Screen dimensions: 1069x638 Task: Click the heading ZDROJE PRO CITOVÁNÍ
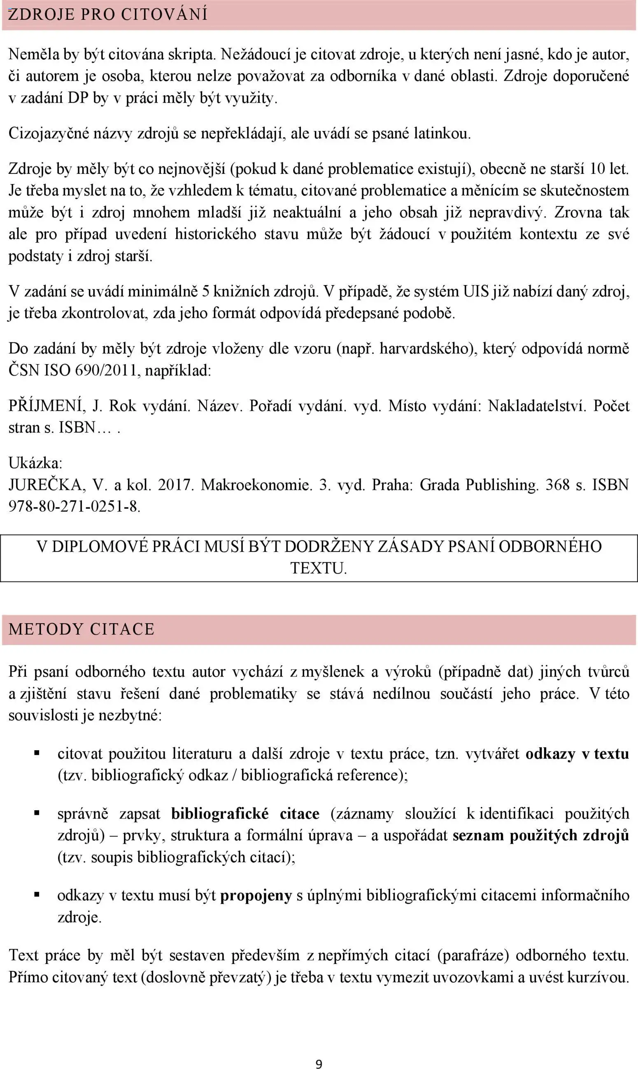pos(107,15)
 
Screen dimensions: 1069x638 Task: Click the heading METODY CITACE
pos(81,629)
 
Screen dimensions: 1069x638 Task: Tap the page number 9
pos(319,1061)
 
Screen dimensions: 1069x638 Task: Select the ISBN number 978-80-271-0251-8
pos(74,506)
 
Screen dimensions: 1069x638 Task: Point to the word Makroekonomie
pos(256,485)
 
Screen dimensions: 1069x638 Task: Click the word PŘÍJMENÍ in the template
pos(47,406)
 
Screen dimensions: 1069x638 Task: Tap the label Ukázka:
pos(35,463)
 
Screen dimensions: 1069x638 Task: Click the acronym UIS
pos(475,292)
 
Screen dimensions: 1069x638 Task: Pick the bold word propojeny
pos(256,895)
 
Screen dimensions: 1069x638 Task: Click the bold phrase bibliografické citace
pos(245,814)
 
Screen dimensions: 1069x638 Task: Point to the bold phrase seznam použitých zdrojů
pos(540,835)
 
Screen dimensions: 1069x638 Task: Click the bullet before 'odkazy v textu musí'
pos(37,895)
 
